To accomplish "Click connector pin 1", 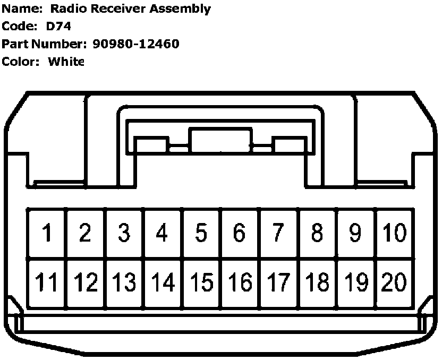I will (x=47, y=233).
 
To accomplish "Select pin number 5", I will (x=201, y=233).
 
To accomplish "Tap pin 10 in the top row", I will (x=394, y=233).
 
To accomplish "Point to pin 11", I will (x=47, y=282).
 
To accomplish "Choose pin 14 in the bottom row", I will (x=163, y=282).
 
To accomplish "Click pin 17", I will (x=278, y=282).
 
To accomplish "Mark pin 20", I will (x=394, y=282).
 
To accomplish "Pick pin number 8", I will (x=317, y=233).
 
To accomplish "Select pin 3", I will (x=124, y=233).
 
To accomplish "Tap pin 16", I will (x=240, y=282).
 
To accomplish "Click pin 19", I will (x=355, y=282).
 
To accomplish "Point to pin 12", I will (x=86, y=282).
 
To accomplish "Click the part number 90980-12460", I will (x=135, y=44).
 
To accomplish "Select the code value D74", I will (x=59, y=27).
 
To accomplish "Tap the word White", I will (x=66, y=62).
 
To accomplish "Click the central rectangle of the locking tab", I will (x=220, y=141).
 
